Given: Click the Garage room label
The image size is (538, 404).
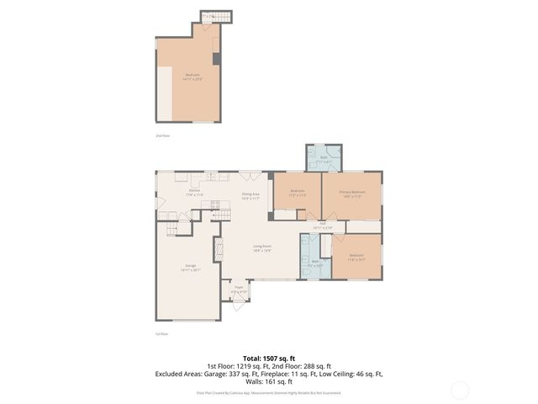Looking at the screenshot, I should pyautogui.click(x=192, y=268).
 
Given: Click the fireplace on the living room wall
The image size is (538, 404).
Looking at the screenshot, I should pyautogui.click(x=218, y=248).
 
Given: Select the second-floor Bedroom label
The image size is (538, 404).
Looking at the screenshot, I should pyautogui.click(x=192, y=77).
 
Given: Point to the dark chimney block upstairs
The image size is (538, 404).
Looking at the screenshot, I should pyautogui.click(x=217, y=59).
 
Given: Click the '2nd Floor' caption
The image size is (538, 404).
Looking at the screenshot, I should pyautogui.click(x=162, y=136).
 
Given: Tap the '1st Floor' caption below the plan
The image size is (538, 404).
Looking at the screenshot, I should pyautogui.click(x=162, y=334).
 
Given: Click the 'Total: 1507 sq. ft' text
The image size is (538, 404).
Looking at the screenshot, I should pyautogui.click(x=268, y=358).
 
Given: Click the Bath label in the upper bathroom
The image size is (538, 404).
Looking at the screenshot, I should pyautogui.click(x=324, y=159).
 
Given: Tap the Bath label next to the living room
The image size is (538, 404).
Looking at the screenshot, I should pyautogui.click(x=316, y=262).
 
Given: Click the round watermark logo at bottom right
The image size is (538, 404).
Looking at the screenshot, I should pyautogui.click(x=459, y=390).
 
